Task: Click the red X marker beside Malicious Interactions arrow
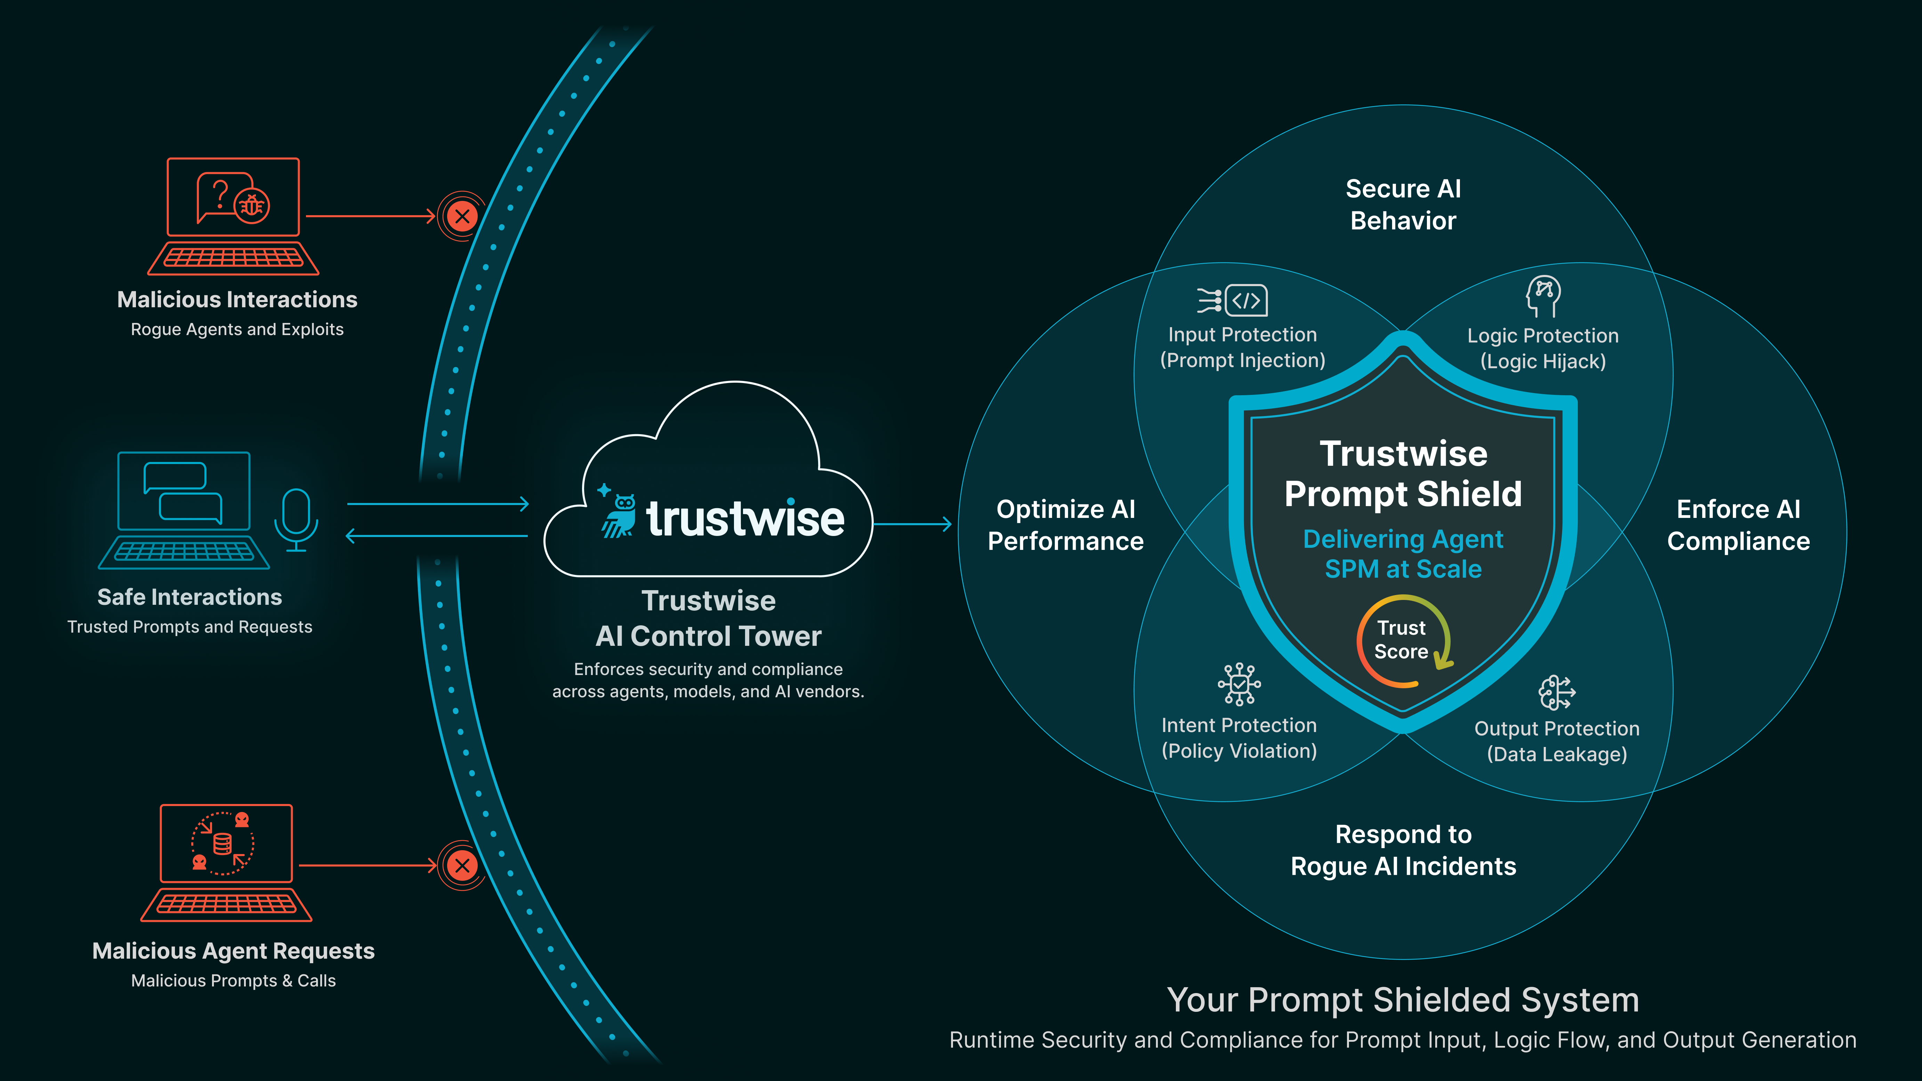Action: point(462,216)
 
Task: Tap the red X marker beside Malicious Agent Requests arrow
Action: point(462,865)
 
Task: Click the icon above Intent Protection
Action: point(1239,684)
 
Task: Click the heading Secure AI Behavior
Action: point(1403,204)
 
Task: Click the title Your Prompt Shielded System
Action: point(1403,1000)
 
